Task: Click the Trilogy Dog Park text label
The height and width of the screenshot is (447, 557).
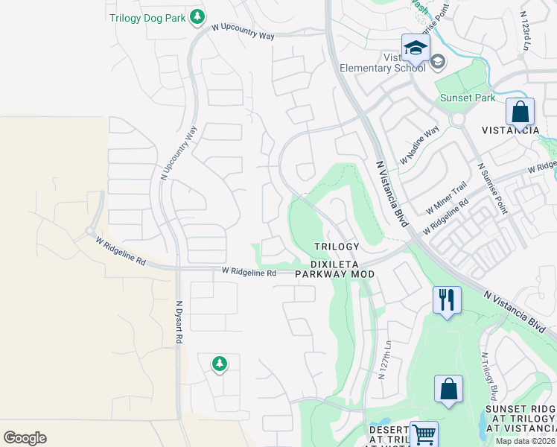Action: point(147,17)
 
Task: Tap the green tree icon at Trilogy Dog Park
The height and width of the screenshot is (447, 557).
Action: point(197,16)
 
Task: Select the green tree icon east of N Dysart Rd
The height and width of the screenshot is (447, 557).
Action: point(219,364)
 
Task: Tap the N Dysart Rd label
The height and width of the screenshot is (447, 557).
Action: point(179,322)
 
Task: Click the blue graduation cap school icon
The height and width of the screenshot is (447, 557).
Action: point(416,48)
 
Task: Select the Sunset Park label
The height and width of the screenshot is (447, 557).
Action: point(467,98)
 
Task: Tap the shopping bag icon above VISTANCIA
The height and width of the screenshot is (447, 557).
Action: point(521,112)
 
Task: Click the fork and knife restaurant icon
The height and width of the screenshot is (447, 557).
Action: point(447,300)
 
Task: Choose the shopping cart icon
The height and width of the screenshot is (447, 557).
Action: point(424,434)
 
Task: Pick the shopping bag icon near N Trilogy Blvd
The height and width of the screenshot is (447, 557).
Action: point(448,388)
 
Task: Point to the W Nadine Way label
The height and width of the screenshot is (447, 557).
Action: point(419,146)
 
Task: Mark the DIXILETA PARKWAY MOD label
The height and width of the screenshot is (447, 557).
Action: point(334,268)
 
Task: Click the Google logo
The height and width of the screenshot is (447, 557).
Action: point(25,438)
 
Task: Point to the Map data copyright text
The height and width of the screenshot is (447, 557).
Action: point(526,441)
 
